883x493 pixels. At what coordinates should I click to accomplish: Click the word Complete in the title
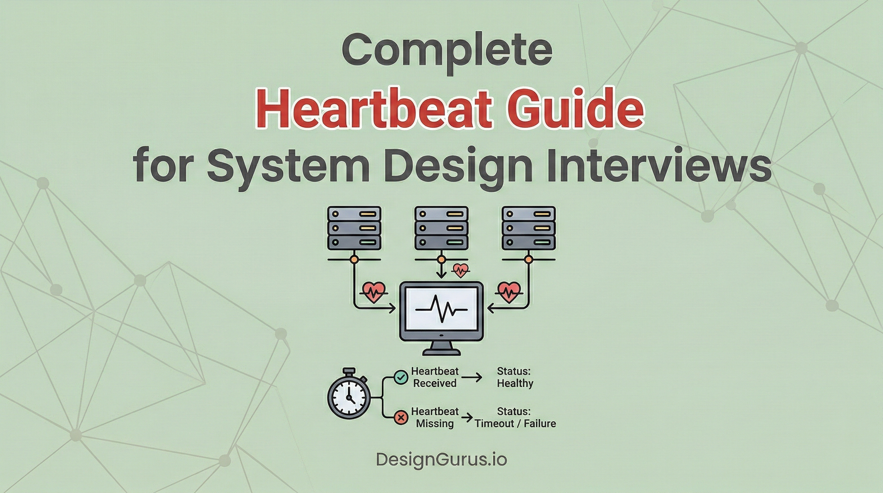point(447,51)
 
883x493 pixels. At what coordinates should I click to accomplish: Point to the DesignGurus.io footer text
point(441,459)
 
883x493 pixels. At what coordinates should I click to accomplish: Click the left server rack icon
point(354,228)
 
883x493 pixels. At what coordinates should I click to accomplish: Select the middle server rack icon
point(441,228)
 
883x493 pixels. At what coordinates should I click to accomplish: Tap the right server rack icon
point(528,228)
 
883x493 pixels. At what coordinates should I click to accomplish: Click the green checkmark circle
point(401,377)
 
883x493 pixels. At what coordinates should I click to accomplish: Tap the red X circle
point(401,417)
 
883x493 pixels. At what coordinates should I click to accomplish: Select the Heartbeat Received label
point(435,377)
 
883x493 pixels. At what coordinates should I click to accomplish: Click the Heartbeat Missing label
point(435,417)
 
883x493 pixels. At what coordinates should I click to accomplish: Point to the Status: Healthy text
point(515,377)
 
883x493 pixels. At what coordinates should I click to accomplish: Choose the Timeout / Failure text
point(515,423)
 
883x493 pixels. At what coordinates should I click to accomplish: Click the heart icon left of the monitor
point(373,292)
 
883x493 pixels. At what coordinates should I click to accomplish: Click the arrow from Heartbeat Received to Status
point(472,377)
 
